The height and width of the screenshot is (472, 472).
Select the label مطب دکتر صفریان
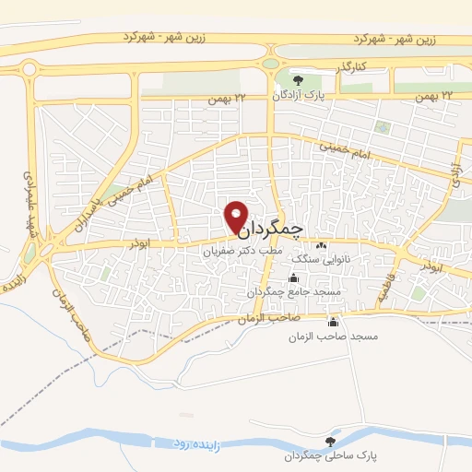[x=241, y=249]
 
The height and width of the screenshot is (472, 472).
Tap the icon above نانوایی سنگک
[x=321, y=246]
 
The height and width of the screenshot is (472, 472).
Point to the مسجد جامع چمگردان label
[x=294, y=291]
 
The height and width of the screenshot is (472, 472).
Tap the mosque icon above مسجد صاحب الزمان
[x=333, y=323]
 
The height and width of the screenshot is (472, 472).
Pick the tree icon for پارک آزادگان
[x=296, y=80]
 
